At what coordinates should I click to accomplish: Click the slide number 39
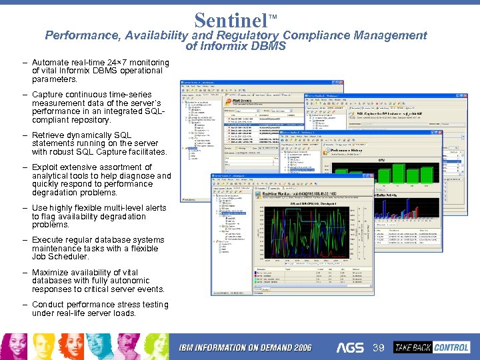[379, 348]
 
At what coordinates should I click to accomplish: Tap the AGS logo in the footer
[350, 348]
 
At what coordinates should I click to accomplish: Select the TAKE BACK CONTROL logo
[431, 347]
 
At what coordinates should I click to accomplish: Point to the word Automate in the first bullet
[52, 63]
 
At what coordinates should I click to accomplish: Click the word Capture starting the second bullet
[49, 95]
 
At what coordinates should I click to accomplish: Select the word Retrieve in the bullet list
[51, 135]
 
